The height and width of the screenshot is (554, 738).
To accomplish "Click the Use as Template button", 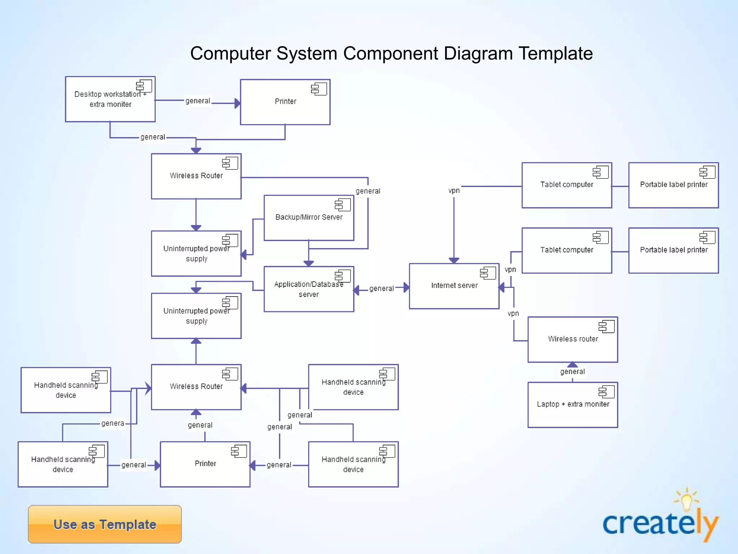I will pyautogui.click(x=105, y=524).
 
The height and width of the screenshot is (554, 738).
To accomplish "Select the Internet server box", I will pyautogui.click(x=454, y=286).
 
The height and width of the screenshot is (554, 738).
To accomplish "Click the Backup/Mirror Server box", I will pyautogui.click(x=309, y=218).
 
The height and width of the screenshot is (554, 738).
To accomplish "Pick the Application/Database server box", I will pyautogui.click(x=309, y=289).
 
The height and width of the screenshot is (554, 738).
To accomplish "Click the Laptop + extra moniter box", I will pyautogui.click(x=573, y=405).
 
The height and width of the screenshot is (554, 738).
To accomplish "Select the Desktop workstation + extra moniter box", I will pyautogui.click(x=110, y=99).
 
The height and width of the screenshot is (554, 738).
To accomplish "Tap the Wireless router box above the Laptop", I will pyautogui.click(x=573, y=339).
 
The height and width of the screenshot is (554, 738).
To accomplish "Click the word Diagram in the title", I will pyautogui.click(x=478, y=53).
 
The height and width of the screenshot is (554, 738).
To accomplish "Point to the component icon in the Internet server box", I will pyautogui.click(x=488, y=273).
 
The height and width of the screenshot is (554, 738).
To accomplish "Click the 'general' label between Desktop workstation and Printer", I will pyautogui.click(x=197, y=101).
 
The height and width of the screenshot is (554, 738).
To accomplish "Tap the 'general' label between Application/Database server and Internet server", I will pyautogui.click(x=381, y=289).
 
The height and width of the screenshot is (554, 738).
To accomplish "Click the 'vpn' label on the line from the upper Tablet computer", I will pyautogui.click(x=454, y=190).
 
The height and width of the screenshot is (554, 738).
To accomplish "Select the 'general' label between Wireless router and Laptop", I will pyautogui.click(x=572, y=371).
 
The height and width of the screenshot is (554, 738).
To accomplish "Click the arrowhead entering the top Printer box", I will pyautogui.click(x=237, y=104).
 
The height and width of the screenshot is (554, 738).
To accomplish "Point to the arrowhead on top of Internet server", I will pyautogui.click(x=454, y=260).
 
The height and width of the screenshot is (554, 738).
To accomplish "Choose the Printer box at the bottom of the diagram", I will pyautogui.click(x=205, y=464).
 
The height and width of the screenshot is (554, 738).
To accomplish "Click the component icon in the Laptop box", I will pyautogui.click(x=606, y=392).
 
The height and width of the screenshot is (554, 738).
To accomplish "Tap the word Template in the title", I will pyautogui.click(x=555, y=53).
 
